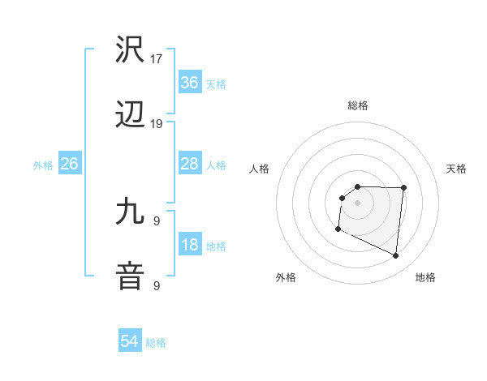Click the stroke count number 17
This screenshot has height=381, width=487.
click(157, 59)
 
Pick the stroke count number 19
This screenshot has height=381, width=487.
click(157, 124)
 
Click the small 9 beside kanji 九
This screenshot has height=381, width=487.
click(157, 220)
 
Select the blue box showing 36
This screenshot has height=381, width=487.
click(189, 82)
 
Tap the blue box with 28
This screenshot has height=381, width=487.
click(189, 164)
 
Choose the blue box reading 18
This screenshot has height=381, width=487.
click(189, 244)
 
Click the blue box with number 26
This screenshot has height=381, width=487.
click(70, 164)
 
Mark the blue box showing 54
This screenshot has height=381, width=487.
click(130, 342)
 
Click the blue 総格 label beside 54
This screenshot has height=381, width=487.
click(156, 343)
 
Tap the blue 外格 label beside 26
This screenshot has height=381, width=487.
click(43, 165)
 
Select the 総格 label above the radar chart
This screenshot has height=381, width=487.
click(358, 105)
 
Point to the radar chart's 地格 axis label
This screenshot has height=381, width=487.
click(425, 277)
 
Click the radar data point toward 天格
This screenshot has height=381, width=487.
click(403, 187)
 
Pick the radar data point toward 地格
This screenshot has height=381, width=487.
click(396, 256)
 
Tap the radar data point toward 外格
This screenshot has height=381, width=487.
click(338, 229)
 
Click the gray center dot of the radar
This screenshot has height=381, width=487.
click(358, 203)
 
